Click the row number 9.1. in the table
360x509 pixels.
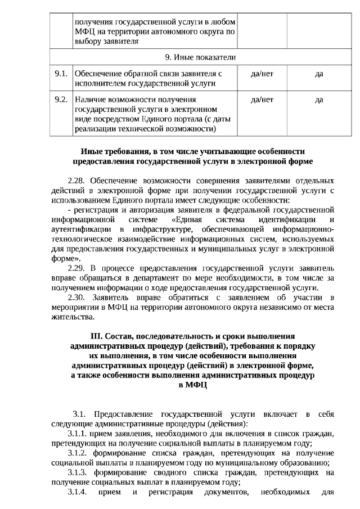pyautogui.click(x=61, y=74)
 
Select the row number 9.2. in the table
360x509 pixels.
pyautogui.click(x=61, y=100)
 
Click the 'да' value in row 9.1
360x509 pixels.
pyautogui.click(x=319, y=74)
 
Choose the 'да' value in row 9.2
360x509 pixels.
pyautogui.click(x=319, y=100)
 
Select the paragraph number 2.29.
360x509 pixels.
pyautogui.click(x=78, y=268)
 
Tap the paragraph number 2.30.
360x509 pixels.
pyautogui.click(x=78, y=298)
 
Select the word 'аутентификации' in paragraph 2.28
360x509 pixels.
pyautogui.click(x=80, y=229)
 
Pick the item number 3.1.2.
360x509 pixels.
pyautogui.click(x=78, y=453)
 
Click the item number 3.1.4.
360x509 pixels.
pyautogui.click(x=78, y=492)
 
